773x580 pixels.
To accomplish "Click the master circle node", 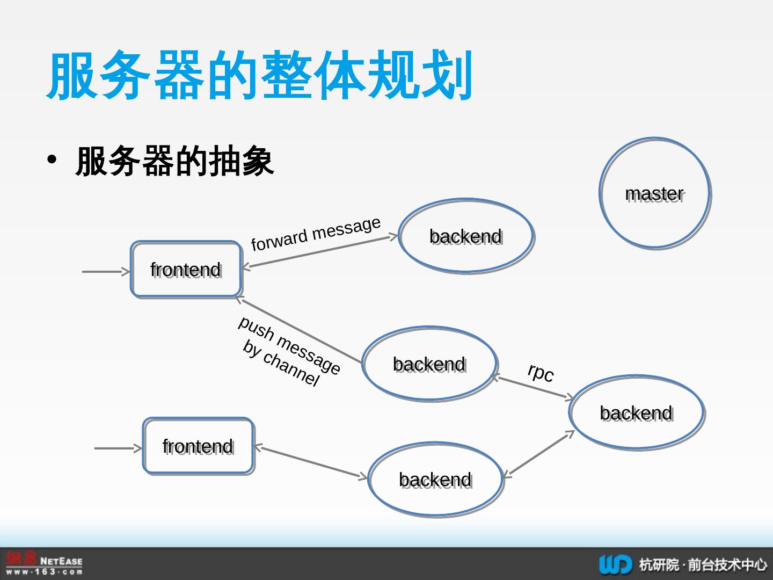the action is tap(654, 193).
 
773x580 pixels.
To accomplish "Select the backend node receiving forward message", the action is tap(466, 236).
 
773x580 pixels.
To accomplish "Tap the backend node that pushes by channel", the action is tap(429, 364).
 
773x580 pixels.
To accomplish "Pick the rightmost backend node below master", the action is tap(636, 412).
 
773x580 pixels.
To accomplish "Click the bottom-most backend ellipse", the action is tap(435, 479).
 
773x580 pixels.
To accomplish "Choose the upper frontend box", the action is tap(186, 269).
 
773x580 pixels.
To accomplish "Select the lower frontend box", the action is tap(198, 446).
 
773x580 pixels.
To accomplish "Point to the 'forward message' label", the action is tap(316, 234).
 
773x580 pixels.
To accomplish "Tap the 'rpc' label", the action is tap(540, 372).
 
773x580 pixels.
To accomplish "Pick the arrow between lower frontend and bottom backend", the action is tap(311, 462).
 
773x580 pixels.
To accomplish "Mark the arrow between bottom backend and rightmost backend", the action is tap(538, 454).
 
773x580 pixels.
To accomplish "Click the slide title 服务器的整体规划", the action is tap(260, 75).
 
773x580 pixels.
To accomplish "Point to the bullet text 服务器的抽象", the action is tap(174, 161).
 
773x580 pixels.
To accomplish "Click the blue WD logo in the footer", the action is tap(615, 564).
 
